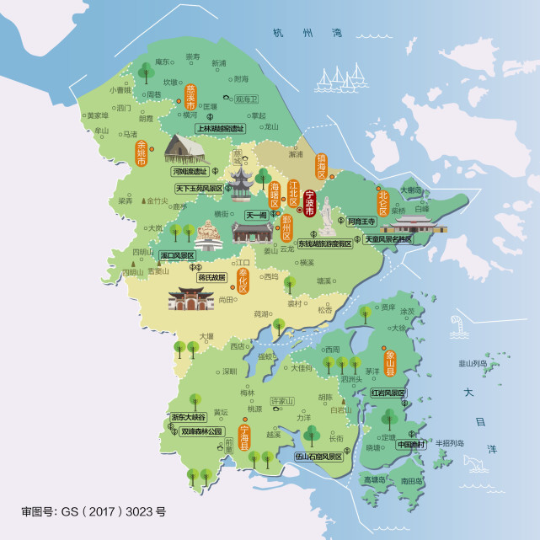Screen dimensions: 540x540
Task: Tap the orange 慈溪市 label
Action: pyautogui.click(x=190, y=95)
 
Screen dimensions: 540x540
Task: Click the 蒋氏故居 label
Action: pyautogui.click(x=211, y=277)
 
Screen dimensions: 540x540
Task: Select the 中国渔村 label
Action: pyautogui.click(x=413, y=445)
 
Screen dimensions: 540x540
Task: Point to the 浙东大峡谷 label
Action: pyautogui.click(x=188, y=417)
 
